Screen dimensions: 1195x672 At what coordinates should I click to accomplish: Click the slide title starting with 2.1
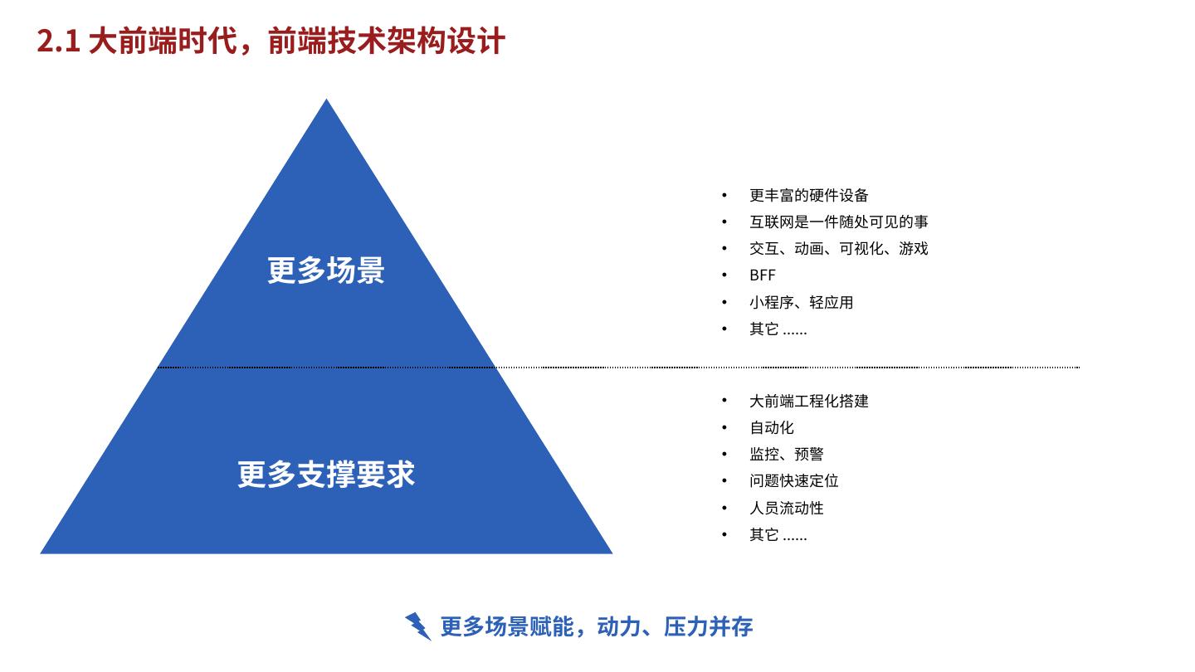[271, 41]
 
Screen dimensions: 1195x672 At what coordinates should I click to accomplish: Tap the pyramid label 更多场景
[325, 270]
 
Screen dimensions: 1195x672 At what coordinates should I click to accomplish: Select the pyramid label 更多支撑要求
[325, 475]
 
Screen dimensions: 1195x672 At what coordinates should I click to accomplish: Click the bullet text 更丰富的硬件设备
[808, 196]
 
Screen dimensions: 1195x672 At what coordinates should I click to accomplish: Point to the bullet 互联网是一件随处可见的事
[838, 222]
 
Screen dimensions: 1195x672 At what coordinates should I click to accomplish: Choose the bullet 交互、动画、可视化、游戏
[838, 249]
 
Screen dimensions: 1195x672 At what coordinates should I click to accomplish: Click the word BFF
[762, 275]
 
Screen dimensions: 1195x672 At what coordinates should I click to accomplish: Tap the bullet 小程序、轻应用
[801, 303]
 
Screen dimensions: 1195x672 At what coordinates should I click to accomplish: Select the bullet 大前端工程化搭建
[808, 402]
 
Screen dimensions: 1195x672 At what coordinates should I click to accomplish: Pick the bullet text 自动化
[771, 428]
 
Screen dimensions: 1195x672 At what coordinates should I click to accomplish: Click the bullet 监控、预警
[786, 455]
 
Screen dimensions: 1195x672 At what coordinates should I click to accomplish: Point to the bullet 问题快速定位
[793, 481]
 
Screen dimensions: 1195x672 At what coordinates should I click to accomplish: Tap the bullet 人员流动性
[786, 508]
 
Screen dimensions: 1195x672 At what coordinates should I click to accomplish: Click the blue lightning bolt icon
[418, 626]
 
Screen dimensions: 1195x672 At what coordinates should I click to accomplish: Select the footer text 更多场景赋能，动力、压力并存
[596, 626]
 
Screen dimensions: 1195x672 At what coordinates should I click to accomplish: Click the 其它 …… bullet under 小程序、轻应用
[778, 329]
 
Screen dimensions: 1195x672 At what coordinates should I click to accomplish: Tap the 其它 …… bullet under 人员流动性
[778, 535]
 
